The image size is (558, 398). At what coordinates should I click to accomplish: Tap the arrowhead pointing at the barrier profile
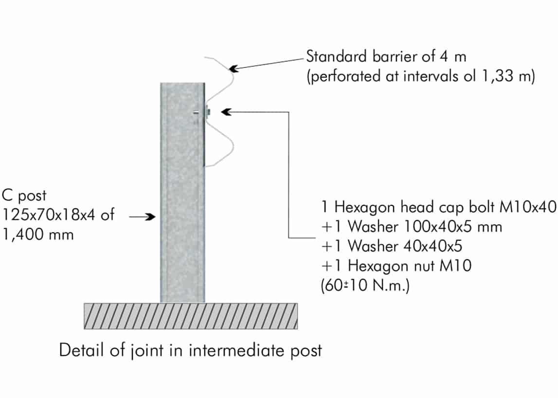pos(234,68)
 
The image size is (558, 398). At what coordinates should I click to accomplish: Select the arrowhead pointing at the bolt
pos(226,112)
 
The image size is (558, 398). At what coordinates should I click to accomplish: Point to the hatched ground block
pos(191,316)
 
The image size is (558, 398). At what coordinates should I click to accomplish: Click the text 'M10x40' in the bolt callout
pos(528,207)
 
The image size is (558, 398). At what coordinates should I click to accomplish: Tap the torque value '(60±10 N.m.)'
pos(365,285)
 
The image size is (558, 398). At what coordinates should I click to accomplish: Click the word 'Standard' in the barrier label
pos(337,56)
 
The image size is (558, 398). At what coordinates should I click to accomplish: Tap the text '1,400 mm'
pos(38,235)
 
